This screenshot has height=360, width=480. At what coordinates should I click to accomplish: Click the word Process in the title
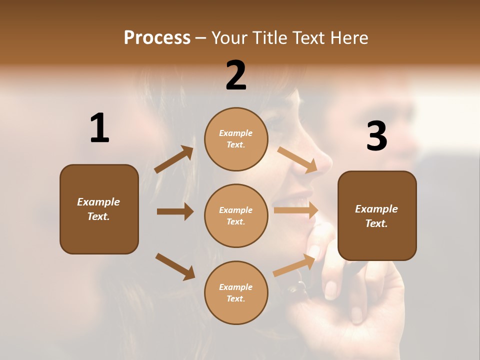[x=157, y=38]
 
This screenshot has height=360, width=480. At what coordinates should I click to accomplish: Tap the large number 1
[x=99, y=128]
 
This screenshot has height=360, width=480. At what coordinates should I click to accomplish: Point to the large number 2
[x=236, y=75]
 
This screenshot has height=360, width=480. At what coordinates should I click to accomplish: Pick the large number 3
[x=376, y=136]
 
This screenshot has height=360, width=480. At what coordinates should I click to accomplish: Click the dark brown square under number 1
[x=99, y=209]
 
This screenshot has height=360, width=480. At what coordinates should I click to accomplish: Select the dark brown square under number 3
[x=377, y=216]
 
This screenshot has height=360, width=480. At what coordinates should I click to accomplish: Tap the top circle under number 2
[x=236, y=139]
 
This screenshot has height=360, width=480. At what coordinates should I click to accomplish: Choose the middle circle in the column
[x=236, y=216]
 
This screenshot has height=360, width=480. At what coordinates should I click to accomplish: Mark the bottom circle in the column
[x=236, y=293]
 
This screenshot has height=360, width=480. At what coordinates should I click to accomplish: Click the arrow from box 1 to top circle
[x=174, y=159]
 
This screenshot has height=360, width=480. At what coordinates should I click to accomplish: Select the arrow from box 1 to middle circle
[x=175, y=211]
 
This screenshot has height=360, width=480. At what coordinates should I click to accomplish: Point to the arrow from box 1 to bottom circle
[x=175, y=266]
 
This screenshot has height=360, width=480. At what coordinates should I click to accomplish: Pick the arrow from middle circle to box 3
[x=296, y=210]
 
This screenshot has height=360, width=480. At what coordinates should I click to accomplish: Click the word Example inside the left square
[x=98, y=202]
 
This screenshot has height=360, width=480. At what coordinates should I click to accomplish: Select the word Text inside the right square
[x=376, y=223]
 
